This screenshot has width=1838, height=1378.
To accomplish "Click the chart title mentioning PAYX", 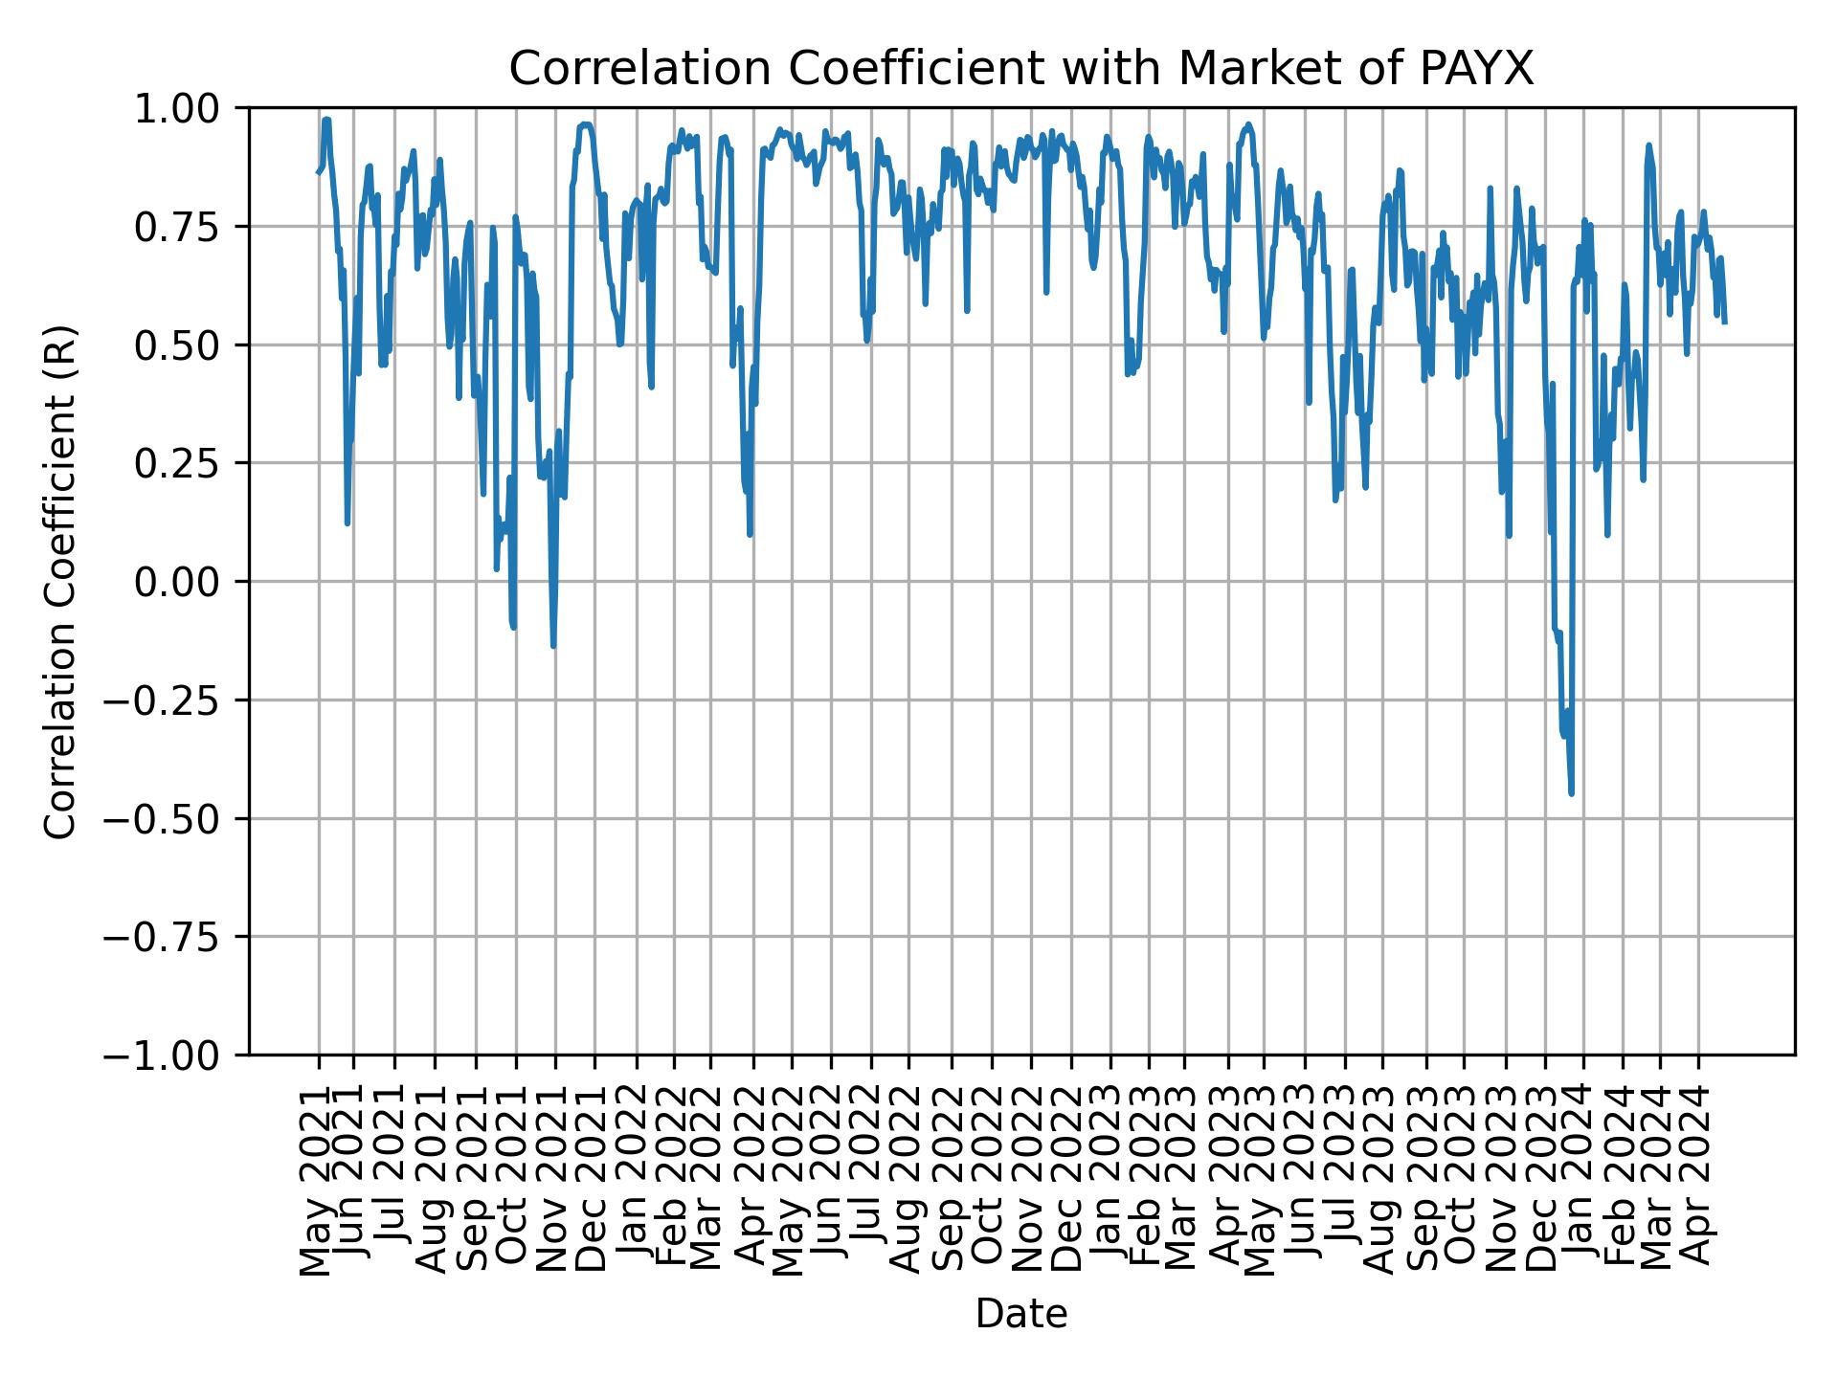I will coord(1020,69).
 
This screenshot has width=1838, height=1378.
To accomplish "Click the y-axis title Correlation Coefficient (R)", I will coord(60,582).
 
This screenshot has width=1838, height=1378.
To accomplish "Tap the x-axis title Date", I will coord(1020,1314).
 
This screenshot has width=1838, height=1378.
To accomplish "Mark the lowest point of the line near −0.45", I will coord(1571,793).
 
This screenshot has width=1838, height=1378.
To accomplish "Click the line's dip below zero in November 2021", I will coord(553,646).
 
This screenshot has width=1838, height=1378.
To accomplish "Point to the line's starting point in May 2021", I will coord(318,172).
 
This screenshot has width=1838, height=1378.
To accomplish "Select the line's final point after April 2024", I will coord(1724,322).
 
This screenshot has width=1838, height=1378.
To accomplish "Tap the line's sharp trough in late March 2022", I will coord(750,534).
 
